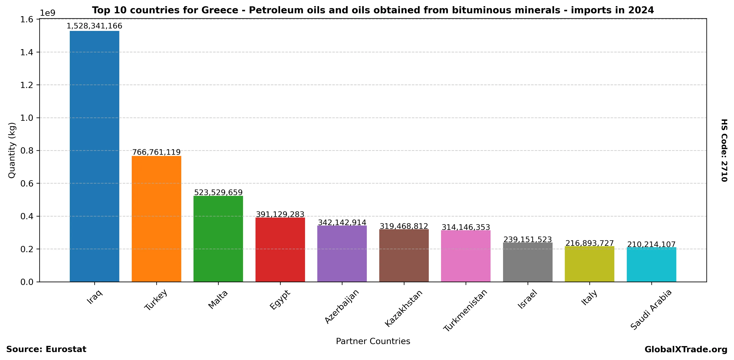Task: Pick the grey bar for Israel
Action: click(527, 262)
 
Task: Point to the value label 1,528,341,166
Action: click(94, 26)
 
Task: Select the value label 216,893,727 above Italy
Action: click(589, 243)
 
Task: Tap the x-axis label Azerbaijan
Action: click(342, 306)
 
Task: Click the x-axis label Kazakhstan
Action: click(403, 308)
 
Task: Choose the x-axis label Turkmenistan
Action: click(465, 310)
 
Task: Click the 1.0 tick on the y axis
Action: click(27, 118)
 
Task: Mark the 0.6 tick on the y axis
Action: click(27, 184)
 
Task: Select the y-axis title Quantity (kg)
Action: click(12, 150)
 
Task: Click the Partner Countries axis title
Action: click(373, 341)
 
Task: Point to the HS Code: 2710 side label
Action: click(724, 150)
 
